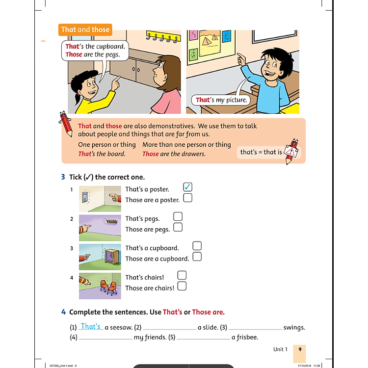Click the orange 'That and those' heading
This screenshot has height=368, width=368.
[85, 29]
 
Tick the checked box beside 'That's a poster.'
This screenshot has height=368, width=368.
[187, 187]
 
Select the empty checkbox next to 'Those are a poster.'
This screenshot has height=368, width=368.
[187, 198]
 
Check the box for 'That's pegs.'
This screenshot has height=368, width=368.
[178, 216]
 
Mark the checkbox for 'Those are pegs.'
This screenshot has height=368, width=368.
[178, 227]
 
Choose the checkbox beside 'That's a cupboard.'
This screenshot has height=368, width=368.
[197, 246]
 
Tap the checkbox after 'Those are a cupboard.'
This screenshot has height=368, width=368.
[197, 257]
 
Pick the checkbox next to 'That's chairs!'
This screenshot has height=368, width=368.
[182, 275]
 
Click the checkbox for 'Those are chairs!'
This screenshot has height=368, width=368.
[182, 286]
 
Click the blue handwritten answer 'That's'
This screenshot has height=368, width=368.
[91, 326]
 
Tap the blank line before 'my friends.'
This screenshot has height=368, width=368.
[105, 339]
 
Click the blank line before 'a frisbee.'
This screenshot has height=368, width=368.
[204, 339]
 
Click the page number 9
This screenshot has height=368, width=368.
[299, 349]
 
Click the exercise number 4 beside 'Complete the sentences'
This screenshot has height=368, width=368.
[63, 312]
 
